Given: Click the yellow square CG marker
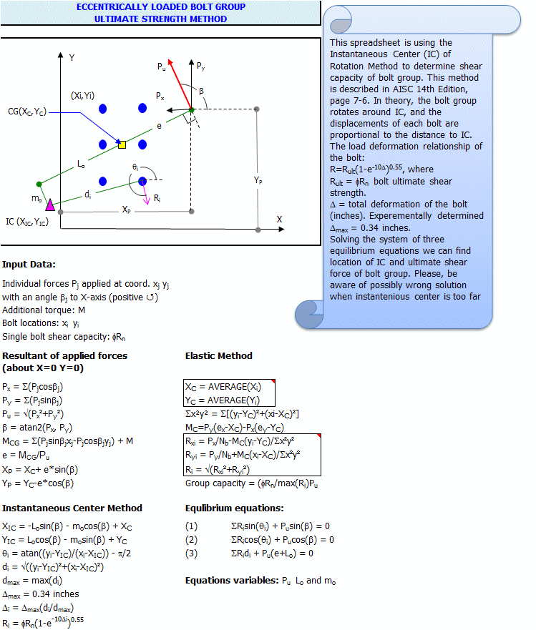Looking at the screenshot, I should pos(122,144).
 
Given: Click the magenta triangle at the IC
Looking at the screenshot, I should pos(50,205).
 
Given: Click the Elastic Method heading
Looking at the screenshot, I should pos(218,355).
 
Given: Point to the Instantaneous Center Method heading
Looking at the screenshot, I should pos(72,508).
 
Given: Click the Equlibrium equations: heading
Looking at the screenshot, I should pos(235,508).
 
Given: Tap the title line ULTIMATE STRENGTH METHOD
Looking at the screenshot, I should pos(160,19).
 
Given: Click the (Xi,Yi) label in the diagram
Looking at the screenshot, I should pos(86,95).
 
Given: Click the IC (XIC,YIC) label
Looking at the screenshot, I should pos(29,222).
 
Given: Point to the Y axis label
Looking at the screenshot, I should pos(72,56).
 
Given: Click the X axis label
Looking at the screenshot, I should pos(280,219).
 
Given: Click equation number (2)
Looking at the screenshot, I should pos(191,539).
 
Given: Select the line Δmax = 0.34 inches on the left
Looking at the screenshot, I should pos(41,594).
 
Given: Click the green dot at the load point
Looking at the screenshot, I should pos(192,109).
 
